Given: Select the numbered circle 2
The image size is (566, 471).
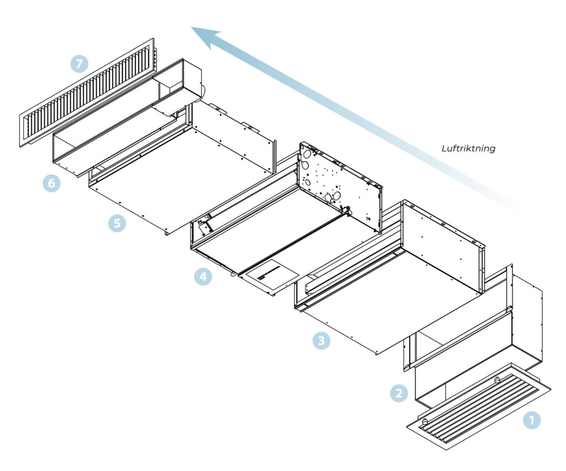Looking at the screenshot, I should (399, 393).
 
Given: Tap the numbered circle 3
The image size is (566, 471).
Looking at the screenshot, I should (321, 341).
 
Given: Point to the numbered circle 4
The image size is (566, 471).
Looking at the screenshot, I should (203, 276).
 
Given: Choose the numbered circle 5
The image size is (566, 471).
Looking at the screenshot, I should (117, 223).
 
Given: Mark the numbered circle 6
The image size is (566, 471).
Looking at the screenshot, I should (51, 183).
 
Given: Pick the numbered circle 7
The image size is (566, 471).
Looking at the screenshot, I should (79, 63).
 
